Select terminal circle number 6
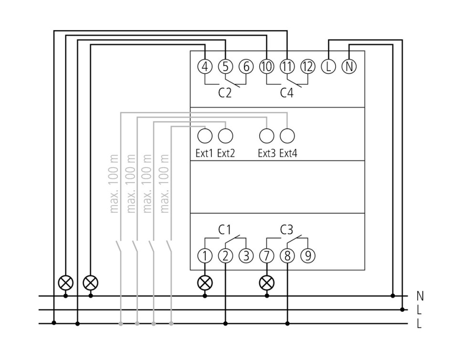[246, 67]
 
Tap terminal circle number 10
[266, 67]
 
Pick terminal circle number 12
[308, 67]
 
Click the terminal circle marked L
[328, 67]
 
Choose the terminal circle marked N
[349, 67]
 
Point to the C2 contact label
[225, 93]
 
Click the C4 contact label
[286, 93]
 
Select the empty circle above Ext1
[204, 136]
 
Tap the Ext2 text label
[226, 154]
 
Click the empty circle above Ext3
[266, 136]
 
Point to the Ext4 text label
[288, 154]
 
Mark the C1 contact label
[225, 230]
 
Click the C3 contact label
[286, 230]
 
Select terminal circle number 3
[246, 256]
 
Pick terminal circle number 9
[308, 256]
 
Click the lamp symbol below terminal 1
[205, 283]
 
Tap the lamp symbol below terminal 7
[266, 283]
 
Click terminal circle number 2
[225, 256]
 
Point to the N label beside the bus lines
[420, 296]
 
